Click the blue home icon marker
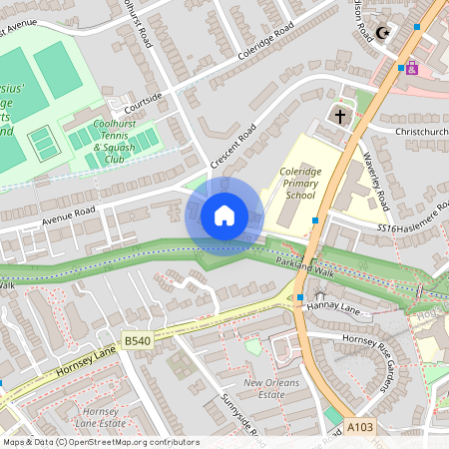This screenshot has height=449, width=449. [224, 215]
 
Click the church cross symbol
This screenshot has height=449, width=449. [339, 117]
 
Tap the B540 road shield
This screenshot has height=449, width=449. [137, 341]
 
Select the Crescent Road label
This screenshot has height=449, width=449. [233, 146]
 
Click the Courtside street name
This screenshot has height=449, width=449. [144, 104]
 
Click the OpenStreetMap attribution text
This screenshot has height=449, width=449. [100, 442]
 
